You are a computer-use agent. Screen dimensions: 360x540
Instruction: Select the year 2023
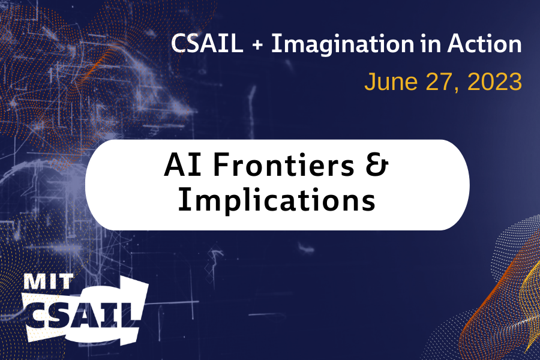(494, 82)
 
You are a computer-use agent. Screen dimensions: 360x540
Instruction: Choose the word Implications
(277, 202)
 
